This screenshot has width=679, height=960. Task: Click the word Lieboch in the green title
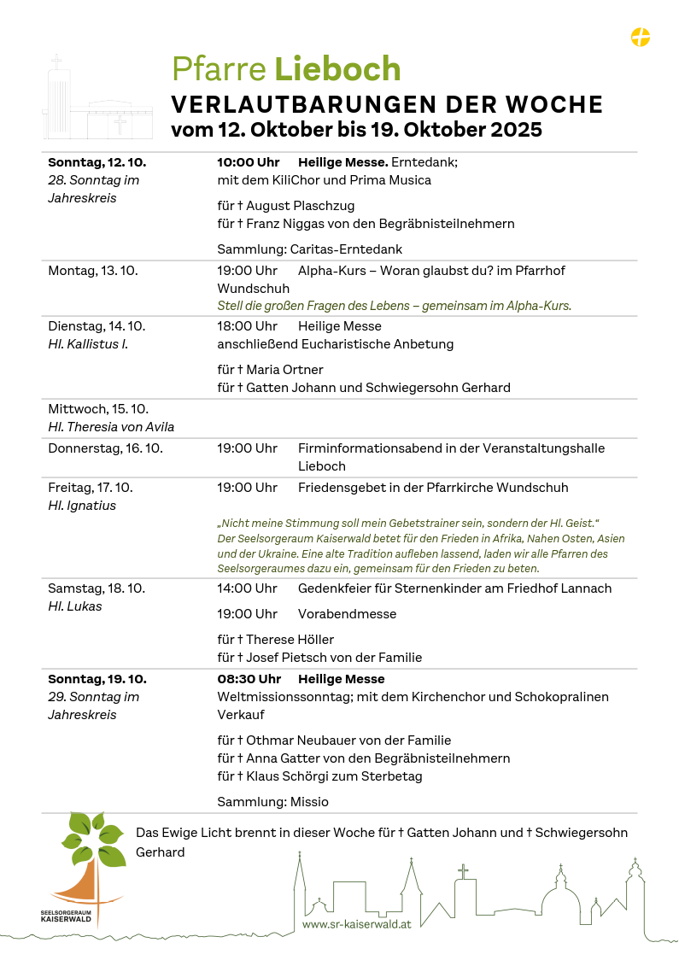[x=337, y=69]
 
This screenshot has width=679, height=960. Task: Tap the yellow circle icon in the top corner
[x=641, y=37]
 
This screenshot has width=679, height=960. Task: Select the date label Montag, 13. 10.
[x=92, y=271]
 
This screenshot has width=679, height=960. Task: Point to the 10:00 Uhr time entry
[x=249, y=162]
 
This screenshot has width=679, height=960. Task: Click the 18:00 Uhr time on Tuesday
[x=248, y=326]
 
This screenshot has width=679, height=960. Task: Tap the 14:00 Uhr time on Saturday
[x=248, y=588]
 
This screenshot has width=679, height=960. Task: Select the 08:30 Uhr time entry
[x=249, y=679]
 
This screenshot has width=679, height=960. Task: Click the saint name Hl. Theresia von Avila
[x=111, y=427]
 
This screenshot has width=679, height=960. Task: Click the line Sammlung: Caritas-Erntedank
[x=309, y=249]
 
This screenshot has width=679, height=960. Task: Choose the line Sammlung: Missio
[x=272, y=802]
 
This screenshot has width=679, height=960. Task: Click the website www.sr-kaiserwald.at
[x=356, y=924]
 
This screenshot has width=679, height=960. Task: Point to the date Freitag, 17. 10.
[x=91, y=488]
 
